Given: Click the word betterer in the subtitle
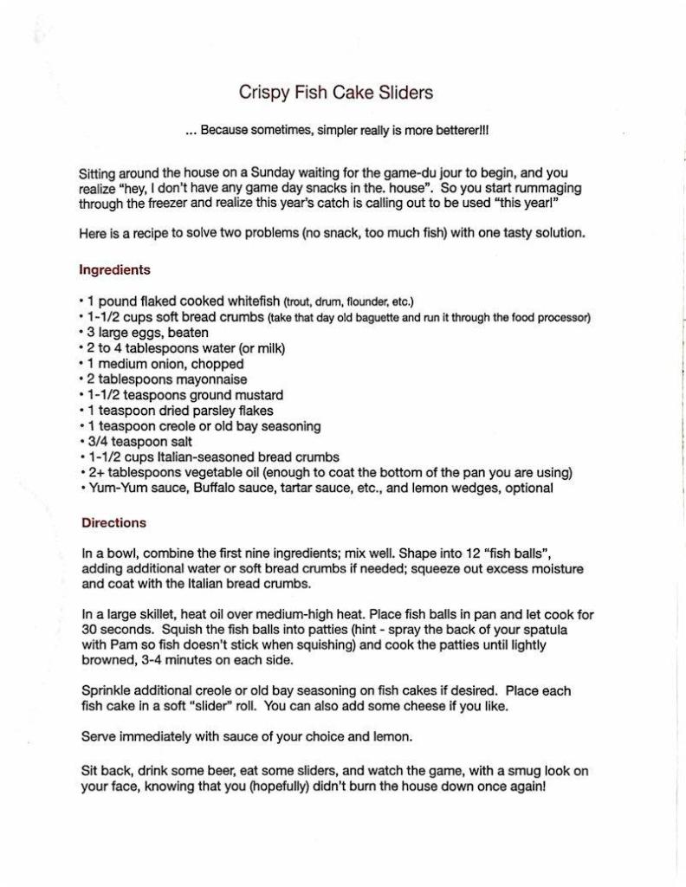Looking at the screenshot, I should click(459, 131).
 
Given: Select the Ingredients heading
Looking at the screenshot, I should click(114, 269).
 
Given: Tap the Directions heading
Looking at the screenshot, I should click(113, 522).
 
